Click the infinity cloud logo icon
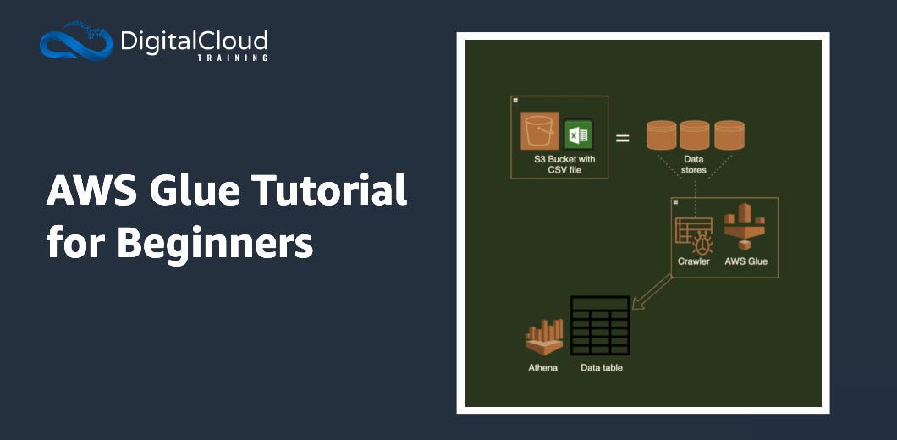point(75,42)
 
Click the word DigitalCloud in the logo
point(194,40)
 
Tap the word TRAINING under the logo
point(232,58)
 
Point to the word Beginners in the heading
point(215,243)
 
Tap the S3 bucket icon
point(539,133)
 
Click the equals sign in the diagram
point(622,136)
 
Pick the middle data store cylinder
point(694,135)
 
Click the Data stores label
point(694,164)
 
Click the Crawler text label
point(694,261)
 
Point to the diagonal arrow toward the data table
point(652,292)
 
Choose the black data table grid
point(600,325)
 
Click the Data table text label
point(602,368)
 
